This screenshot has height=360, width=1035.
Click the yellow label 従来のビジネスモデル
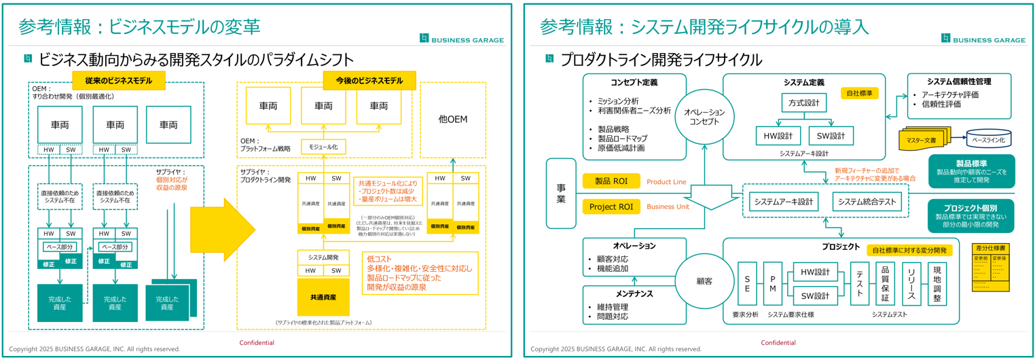(118, 81)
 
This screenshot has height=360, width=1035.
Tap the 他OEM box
(453, 120)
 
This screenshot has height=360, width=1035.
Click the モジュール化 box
(323, 147)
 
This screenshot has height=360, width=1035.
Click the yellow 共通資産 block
(323, 297)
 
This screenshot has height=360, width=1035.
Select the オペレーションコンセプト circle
(704, 116)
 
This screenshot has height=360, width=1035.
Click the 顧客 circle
(704, 281)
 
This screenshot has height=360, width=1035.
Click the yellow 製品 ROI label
(611, 181)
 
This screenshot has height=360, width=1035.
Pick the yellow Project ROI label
(611, 206)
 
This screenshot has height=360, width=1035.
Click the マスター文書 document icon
(921, 139)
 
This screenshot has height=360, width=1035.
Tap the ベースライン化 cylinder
(988, 139)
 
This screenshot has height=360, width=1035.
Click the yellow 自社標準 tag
(859, 92)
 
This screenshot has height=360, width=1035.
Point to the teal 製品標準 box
(970, 171)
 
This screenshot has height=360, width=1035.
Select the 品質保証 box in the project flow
(884, 283)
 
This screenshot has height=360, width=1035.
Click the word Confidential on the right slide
(778, 343)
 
